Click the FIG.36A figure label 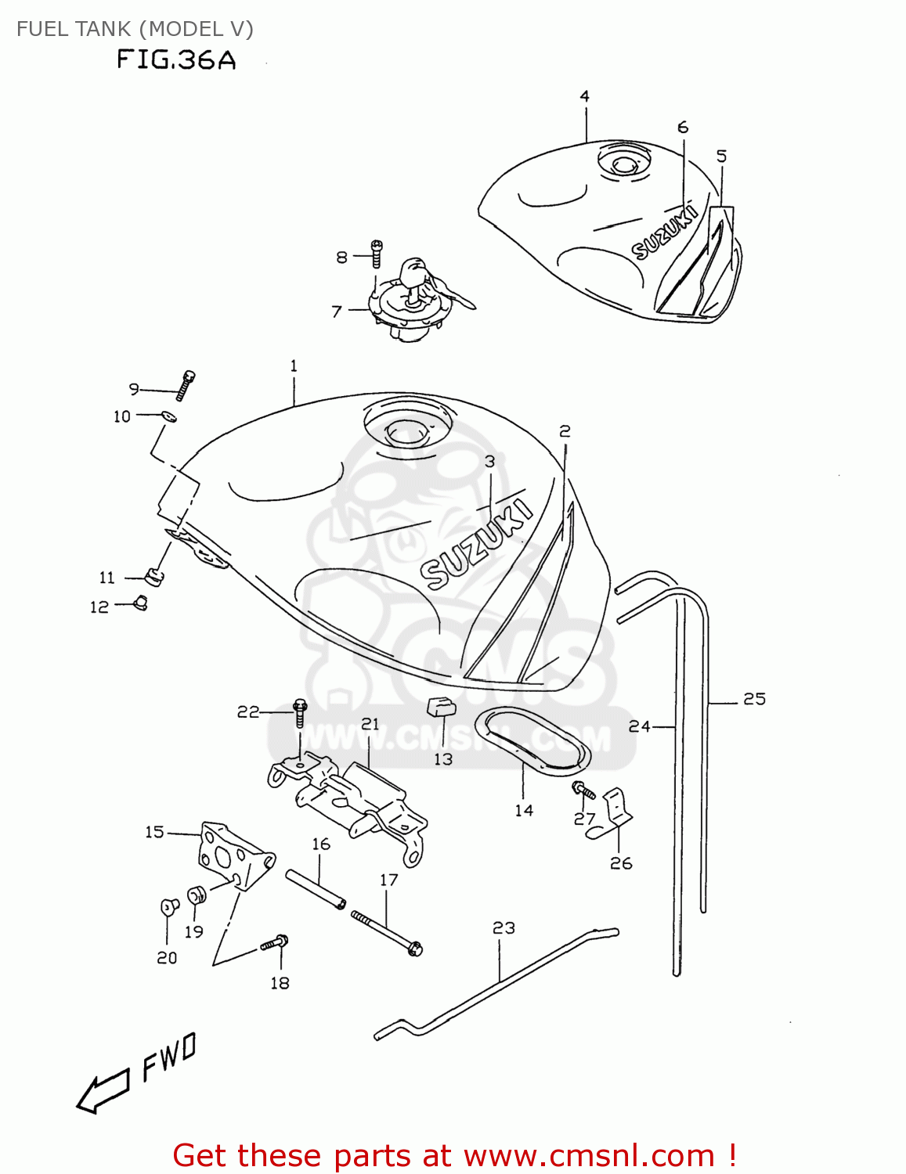click(x=176, y=60)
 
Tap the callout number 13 click(x=443, y=759)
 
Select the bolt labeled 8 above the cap click(x=377, y=254)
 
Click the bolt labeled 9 click(x=186, y=384)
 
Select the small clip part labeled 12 click(x=141, y=603)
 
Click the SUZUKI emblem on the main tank click(x=478, y=546)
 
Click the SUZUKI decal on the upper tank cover click(x=664, y=233)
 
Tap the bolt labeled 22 click(x=300, y=712)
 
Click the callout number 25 click(x=754, y=699)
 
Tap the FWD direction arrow click(x=103, y=1089)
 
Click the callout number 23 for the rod click(x=504, y=928)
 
